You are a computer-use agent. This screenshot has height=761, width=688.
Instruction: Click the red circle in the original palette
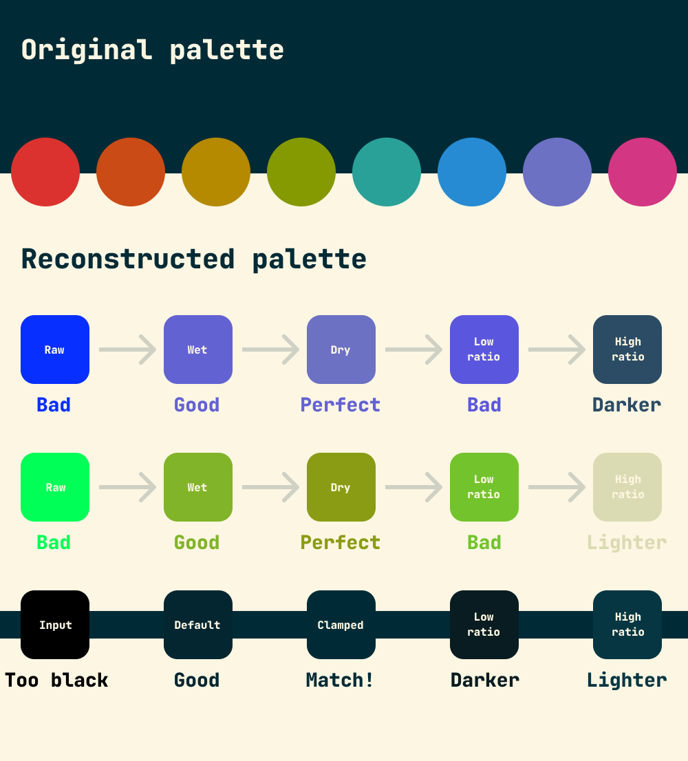coord(45,172)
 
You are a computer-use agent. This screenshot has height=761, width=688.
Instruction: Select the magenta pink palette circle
coord(643,172)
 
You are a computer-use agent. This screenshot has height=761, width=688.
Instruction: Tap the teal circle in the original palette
coord(387,172)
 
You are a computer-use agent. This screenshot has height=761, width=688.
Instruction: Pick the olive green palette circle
coord(301,172)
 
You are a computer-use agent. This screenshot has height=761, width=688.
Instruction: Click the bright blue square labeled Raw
coord(55,350)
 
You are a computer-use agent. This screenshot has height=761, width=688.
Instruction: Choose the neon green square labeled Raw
coord(55,487)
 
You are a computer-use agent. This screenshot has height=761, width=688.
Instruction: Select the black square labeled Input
coord(55,625)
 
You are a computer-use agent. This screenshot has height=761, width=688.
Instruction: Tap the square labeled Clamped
coord(341,625)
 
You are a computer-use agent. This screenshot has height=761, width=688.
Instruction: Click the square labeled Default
coord(198,625)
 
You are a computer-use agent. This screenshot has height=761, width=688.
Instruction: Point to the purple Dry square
coord(341,350)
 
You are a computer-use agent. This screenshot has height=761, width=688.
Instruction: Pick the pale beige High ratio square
coord(627,487)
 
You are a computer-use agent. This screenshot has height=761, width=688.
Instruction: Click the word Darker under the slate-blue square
coord(627,405)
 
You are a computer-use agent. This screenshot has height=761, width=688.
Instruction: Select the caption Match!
coord(341,680)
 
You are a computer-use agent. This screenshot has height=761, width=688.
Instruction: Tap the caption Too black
coord(56,680)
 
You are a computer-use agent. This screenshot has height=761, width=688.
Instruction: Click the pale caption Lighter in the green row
coord(627,543)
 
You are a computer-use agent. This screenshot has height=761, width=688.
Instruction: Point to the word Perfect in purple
coord(341,405)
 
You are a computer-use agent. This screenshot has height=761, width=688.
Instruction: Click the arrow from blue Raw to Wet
coord(128,350)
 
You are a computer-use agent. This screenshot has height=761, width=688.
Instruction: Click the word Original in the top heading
coord(87,50)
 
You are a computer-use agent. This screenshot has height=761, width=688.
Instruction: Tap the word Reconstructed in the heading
coord(128,259)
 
